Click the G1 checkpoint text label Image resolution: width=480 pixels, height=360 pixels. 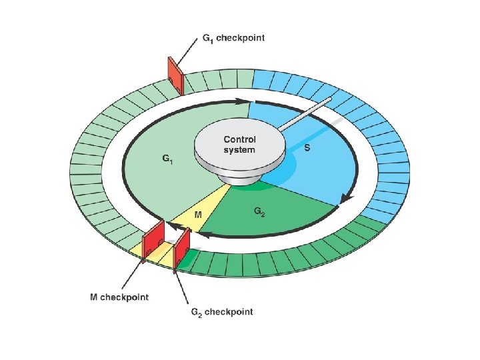coord(233,38)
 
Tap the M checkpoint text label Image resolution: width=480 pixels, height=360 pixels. coord(119,297)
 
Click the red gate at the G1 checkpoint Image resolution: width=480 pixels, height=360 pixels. coord(174,76)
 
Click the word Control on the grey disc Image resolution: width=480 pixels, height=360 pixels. coord(239,139)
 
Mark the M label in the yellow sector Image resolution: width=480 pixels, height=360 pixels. coord(198,215)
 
